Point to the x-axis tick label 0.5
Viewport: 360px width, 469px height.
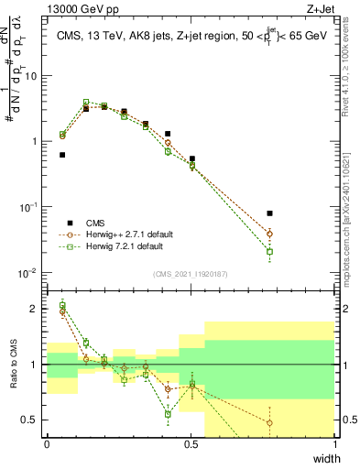[191, 445]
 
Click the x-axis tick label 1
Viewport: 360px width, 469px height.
[334, 445]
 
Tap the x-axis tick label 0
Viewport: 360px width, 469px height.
[47, 445]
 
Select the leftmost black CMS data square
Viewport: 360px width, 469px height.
[62, 155]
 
